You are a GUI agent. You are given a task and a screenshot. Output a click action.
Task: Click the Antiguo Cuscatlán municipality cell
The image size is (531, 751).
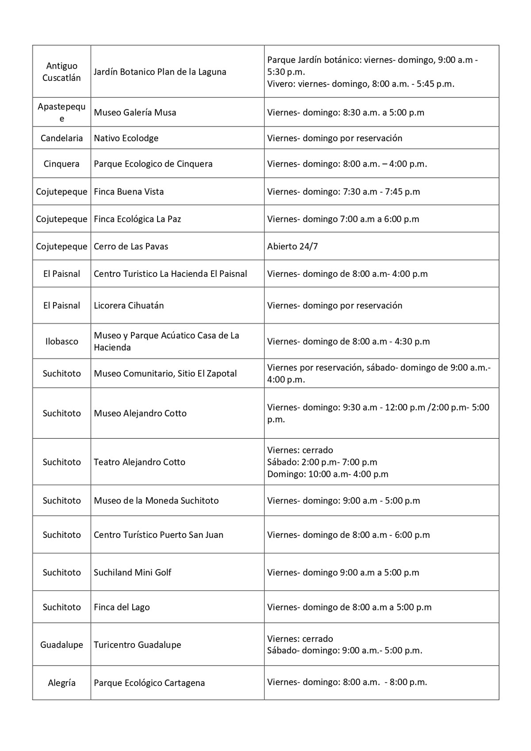click(x=62, y=72)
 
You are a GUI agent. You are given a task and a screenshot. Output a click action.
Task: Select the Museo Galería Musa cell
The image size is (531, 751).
click(x=135, y=112)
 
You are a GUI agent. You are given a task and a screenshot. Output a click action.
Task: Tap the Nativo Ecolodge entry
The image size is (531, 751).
click(x=126, y=138)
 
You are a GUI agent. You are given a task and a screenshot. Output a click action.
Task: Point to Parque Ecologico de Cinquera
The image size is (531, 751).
click(x=153, y=164)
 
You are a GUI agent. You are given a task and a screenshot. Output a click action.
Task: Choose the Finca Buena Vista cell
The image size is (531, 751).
click(x=129, y=192)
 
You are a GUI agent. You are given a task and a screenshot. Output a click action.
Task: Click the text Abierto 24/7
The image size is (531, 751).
click(x=292, y=246)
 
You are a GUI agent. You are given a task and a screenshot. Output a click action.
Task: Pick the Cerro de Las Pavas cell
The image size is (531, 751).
click(x=131, y=246)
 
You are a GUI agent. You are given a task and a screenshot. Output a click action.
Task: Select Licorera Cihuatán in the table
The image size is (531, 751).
click(x=129, y=306)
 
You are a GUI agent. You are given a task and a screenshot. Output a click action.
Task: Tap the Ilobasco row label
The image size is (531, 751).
click(x=62, y=341)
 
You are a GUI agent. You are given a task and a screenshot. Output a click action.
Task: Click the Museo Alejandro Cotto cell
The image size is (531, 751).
click(x=140, y=414)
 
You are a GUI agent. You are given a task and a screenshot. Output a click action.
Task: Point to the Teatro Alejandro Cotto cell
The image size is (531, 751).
click(x=139, y=462)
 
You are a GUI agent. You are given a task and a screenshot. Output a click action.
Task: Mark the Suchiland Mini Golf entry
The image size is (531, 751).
click(x=132, y=572)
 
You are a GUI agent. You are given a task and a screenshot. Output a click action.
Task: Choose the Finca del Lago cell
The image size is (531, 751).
click(x=122, y=607)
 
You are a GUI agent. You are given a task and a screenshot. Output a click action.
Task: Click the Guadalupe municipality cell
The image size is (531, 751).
click(x=62, y=645)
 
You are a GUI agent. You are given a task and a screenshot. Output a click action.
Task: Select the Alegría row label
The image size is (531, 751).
click(x=62, y=683)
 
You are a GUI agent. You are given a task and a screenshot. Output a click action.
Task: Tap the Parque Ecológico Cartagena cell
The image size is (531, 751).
click(x=149, y=683)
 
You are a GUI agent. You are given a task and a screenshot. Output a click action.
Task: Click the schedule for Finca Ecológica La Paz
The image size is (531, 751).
click(x=343, y=219)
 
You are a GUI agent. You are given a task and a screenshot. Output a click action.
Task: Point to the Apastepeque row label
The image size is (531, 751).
click(x=62, y=112)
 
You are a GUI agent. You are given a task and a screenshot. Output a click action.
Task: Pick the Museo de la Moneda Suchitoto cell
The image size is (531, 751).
click(x=156, y=501)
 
